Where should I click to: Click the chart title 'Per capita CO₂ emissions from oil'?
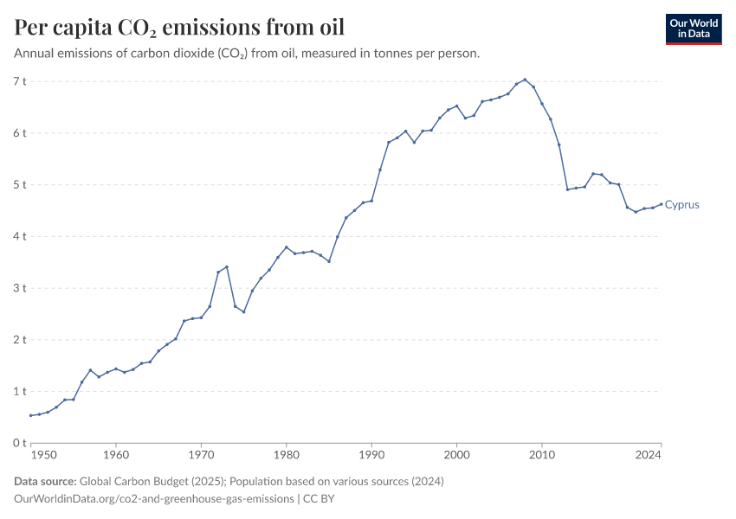click(x=179, y=28)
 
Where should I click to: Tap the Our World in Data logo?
click(x=693, y=29)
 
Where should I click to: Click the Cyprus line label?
click(x=681, y=205)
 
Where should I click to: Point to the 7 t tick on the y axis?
click(x=20, y=81)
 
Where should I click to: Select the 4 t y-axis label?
click(x=20, y=236)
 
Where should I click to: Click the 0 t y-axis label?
click(x=20, y=443)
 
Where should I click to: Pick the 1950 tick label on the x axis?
click(x=42, y=454)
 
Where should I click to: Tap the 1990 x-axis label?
click(x=371, y=454)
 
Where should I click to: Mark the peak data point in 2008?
click(x=525, y=80)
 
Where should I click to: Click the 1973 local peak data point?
click(x=227, y=267)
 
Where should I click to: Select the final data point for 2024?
click(x=662, y=204)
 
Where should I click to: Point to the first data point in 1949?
click(x=30, y=415)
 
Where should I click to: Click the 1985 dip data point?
click(x=329, y=261)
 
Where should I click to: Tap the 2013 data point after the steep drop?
click(x=567, y=189)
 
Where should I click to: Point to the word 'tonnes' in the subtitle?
click(x=366, y=54)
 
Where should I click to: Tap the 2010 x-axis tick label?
click(x=542, y=454)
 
